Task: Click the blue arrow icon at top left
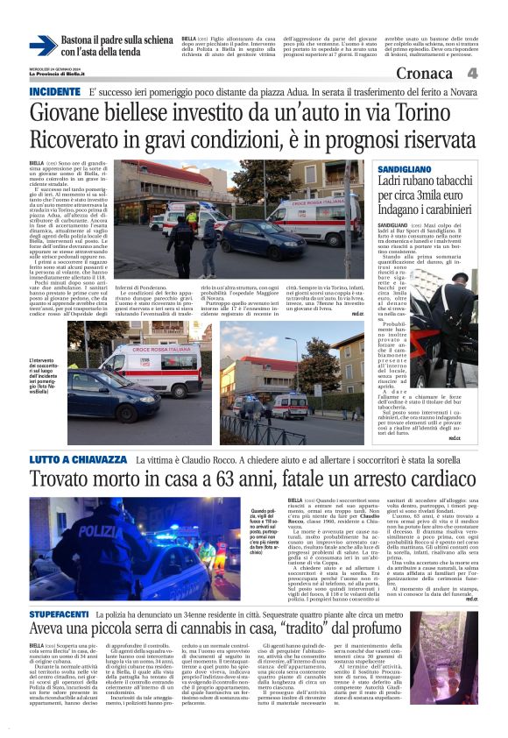point(42,46)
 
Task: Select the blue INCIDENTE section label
point(54,92)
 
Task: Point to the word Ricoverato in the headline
point(83,139)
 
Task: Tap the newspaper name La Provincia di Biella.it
point(58,73)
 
